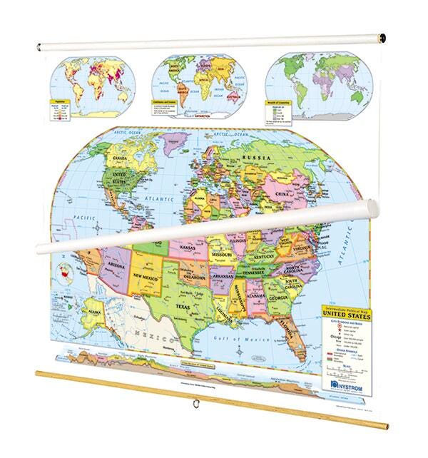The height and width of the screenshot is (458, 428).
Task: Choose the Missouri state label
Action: [x=225, y=253]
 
